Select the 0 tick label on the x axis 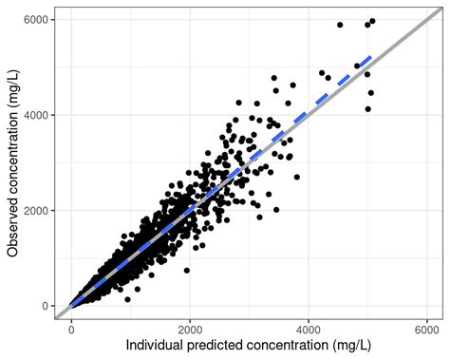[x=71, y=328]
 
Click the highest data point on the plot [x=372, y=21]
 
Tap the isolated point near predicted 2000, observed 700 [x=186, y=272]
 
